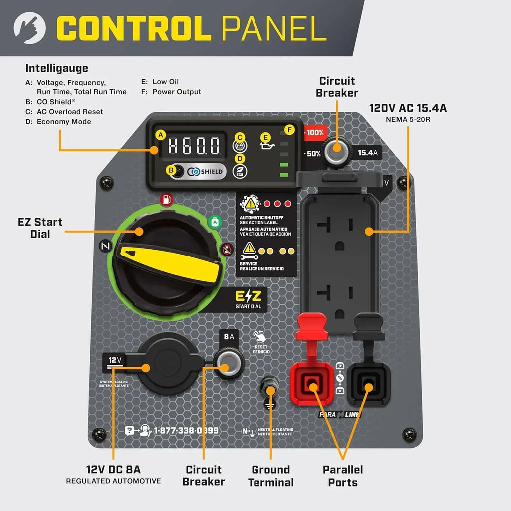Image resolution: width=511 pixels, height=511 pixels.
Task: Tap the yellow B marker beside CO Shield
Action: point(171,171)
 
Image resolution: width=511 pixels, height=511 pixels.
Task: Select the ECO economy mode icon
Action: point(240,171)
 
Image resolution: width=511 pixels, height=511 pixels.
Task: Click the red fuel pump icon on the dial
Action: point(166,200)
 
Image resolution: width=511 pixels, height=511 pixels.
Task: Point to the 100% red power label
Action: point(314,133)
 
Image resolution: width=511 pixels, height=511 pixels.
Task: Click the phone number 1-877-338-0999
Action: point(186,430)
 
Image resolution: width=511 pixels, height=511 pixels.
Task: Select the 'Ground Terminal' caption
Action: point(270,476)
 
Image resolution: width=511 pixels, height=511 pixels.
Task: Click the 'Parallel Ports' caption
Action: point(342,476)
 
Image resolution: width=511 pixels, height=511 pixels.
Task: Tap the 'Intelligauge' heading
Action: point(57,68)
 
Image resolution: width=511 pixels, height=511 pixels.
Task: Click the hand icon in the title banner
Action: point(29,28)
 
